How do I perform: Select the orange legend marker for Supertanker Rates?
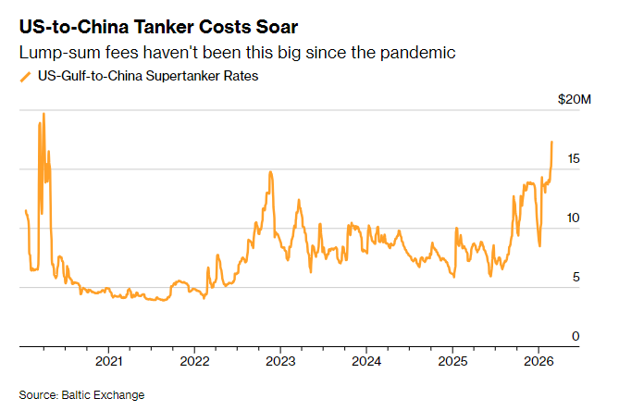point(25,77)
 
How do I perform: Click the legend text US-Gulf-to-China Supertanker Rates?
point(147,77)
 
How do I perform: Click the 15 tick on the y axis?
point(575,159)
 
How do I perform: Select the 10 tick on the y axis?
point(575,218)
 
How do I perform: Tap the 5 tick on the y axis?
point(576,278)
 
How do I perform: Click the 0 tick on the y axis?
point(576,337)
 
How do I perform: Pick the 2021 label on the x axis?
point(109,360)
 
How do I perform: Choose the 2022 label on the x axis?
point(195,360)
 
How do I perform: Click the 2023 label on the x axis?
point(280,360)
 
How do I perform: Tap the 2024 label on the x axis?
point(366,360)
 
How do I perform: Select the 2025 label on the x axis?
point(452,360)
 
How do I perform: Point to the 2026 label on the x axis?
point(539,360)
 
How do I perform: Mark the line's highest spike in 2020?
point(43,114)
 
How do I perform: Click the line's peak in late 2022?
point(269,171)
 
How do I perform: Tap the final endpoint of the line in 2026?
point(552,142)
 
